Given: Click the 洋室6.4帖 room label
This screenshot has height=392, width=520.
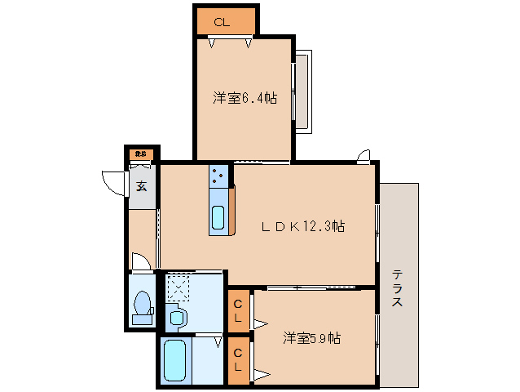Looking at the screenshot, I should tap(245, 98).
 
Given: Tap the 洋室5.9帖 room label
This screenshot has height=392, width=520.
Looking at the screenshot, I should tap(311, 337).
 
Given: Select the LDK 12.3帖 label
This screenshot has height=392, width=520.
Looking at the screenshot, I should tap(303, 226).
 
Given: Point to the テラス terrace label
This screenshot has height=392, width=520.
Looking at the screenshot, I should tap(398, 288).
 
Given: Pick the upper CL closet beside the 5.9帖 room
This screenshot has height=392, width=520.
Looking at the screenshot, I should tap(238, 310).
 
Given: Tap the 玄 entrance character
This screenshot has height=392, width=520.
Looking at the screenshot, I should tap(142, 185).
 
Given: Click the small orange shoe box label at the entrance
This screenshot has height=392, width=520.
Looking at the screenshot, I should tap(142, 154).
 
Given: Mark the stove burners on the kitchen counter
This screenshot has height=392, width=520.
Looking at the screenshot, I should tap(219, 174).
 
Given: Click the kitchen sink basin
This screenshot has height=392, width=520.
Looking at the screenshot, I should tap(218, 218).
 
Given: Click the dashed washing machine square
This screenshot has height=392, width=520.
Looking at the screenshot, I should tap(178, 287).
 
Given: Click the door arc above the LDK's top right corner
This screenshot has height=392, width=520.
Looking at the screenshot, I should tap(363, 155).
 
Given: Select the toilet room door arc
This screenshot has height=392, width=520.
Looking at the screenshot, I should tap(141, 261).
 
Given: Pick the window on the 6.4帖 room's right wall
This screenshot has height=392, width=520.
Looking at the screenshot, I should tap(302, 91).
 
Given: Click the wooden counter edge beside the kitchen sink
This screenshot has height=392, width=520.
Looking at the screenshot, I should tap(232, 210).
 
